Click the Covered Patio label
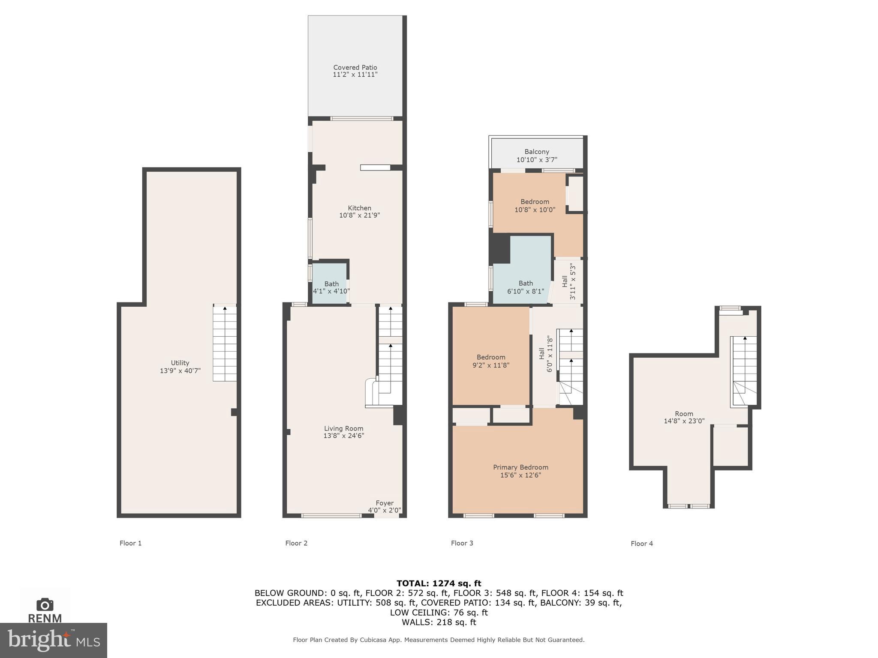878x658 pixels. [x=355, y=67]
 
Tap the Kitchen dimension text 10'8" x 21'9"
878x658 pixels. [x=359, y=215]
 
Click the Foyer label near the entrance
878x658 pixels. [x=385, y=503]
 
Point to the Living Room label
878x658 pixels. [x=343, y=428]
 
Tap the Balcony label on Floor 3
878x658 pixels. [x=537, y=152]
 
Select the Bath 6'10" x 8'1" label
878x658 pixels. [x=526, y=287]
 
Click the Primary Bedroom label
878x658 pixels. [x=520, y=467]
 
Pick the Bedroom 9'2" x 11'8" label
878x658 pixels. [x=491, y=361]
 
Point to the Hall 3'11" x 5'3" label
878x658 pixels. [x=568, y=281]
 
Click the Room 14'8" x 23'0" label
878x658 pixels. [x=684, y=417]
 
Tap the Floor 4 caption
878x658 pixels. [x=642, y=544]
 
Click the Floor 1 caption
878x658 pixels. [x=130, y=543]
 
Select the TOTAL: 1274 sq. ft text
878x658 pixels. [x=439, y=583]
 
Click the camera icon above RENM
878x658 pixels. [x=45, y=605]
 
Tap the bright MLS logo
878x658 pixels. [x=54, y=640]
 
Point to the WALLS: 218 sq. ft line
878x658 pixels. [x=439, y=622]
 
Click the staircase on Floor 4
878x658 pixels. [x=744, y=371]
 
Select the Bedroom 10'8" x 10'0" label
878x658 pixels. [x=535, y=206]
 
